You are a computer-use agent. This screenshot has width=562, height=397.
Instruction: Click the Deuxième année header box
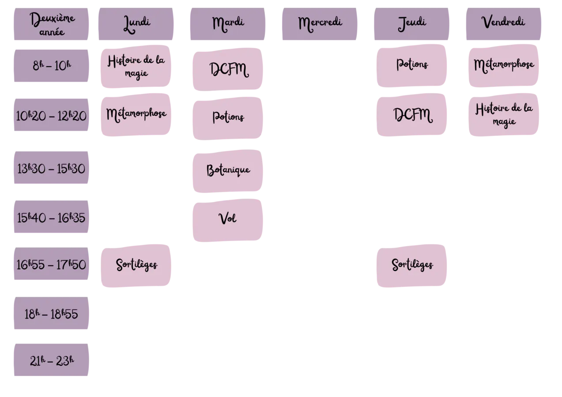click(x=51, y=24)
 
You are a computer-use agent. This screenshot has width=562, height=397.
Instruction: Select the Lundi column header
click(x=136, y=24)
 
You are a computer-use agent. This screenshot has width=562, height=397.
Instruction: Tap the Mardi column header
click(x=227, y=24)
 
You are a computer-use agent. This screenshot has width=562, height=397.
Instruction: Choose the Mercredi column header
click(x=320, y=24)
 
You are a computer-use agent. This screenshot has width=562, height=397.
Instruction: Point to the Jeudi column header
click(x=412, y=24)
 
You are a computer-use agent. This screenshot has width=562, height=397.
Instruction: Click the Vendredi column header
click(x=504, y=24)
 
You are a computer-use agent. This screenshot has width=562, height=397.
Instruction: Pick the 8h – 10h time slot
click(x=51, y=66)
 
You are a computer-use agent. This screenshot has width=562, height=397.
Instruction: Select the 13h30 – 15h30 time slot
click(x=51, y=168)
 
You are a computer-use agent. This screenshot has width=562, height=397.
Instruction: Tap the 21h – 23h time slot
click(x=51, y=360)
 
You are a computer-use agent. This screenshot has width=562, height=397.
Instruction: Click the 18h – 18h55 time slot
click(x=51, y=313)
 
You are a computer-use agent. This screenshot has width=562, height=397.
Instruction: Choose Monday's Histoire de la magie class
click(x=136, y=67)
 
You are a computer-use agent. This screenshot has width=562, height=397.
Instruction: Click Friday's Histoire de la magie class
click(x=504, y=115)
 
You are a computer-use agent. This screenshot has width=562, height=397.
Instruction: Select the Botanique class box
click(x=227, y=171)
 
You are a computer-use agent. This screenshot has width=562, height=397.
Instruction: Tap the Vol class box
click(x=227, y=220)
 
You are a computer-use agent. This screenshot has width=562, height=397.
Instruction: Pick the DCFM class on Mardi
click(x=227, y=69)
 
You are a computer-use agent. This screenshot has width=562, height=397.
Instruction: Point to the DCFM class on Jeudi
click(x=412, y=115)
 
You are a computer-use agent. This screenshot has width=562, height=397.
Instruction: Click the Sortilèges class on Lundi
click(x=136, y=266)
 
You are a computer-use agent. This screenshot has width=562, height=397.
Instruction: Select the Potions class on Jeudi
click(x=412, y=66)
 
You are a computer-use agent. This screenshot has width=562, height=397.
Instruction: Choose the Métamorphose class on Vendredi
click(x=504, y=66)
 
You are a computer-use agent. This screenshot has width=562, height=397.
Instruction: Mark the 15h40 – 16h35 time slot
click(x=51, y=217)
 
